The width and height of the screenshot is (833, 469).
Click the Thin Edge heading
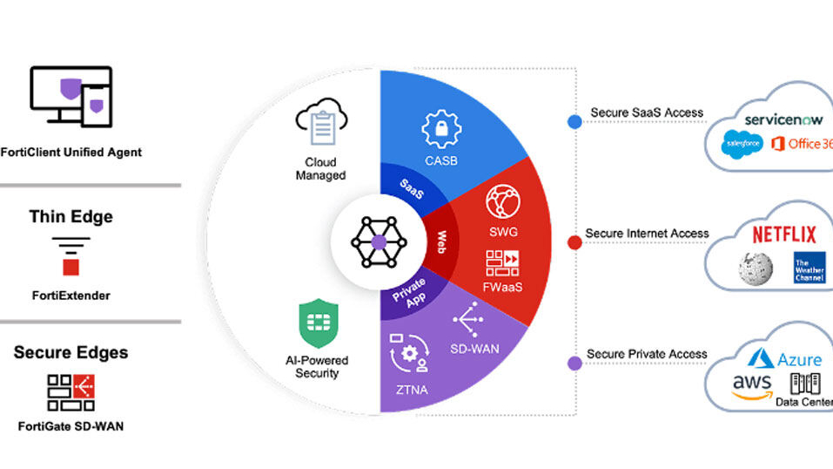(71, 216)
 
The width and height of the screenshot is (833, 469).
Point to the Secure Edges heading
(71, 352)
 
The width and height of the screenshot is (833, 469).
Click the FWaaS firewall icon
(502, 264)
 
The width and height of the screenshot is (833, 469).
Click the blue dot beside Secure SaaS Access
(574, 122)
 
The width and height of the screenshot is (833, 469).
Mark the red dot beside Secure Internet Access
(574, 242)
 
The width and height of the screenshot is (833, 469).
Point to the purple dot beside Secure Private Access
(574, 363)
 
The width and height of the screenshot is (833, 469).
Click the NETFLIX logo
(783, 234)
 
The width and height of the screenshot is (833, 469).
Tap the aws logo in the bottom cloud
(750, 385)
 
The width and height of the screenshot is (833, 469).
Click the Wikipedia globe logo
(755, 268)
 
